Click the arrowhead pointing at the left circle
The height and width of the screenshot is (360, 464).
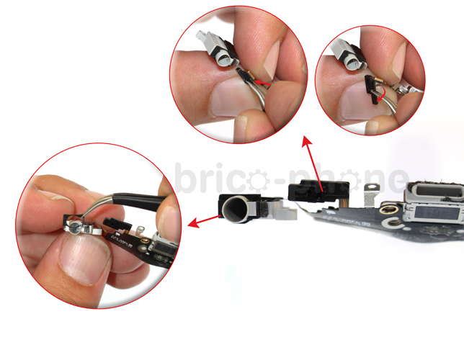(x=193, y=222)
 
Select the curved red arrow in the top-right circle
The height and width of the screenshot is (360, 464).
(x=381, y=94)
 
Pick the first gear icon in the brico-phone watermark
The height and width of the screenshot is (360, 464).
(x=257, y=179)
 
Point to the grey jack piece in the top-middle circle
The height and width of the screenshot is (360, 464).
(x=217, y=51)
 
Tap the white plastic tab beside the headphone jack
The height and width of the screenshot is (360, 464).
(x=284, y=211)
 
